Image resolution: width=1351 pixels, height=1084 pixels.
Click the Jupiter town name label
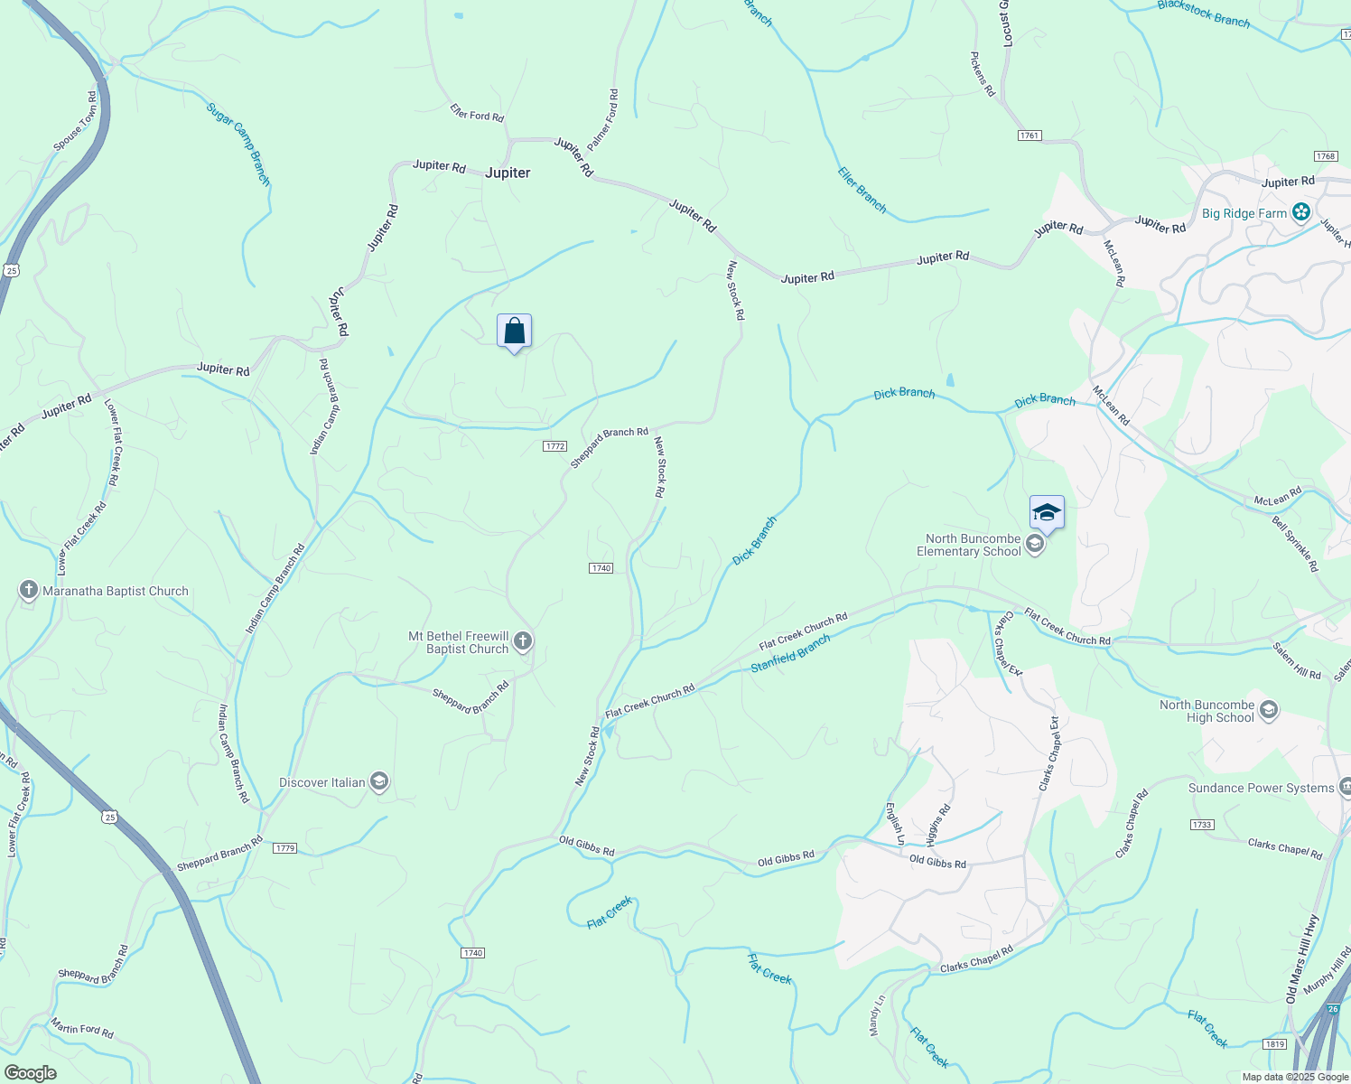[x=508, y=173]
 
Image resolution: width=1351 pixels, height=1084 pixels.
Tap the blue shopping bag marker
[x=514, y=332]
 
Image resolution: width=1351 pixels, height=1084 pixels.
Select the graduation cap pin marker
[x=1047, y=512]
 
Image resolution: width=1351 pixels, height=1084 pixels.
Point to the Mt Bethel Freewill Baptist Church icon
[x=523, y=642]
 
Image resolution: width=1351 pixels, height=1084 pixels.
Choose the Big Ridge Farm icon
[x=1301, y=213]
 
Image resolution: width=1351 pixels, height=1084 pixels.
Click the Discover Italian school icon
[x=379, y=782]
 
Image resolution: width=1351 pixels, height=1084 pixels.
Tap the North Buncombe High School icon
[x=1269, y=710]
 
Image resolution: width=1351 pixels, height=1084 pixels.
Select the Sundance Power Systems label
[x=1261, y=788]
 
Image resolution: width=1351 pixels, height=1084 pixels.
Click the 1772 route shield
[x=555, y=446]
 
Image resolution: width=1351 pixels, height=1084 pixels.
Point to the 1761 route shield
[x=1030, y=135]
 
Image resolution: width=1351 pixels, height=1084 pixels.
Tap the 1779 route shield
[x=284, y=848]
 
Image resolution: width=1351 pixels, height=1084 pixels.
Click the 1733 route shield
[x=1202, y=825]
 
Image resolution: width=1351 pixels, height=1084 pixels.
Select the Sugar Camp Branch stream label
[x=238, y=144]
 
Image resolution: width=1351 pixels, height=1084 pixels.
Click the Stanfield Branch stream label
[x=790, y=653]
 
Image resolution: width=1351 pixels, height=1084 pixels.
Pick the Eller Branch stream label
[x=862, y=190]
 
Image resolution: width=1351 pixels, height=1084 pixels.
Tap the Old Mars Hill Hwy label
[x=1302, y=959]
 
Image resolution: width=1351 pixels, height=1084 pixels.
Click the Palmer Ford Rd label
[x=603, y=119]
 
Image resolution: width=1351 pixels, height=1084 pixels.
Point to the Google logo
[x=30, y=1072]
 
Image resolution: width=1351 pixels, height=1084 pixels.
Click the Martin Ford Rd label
[x=82, y=1027]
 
